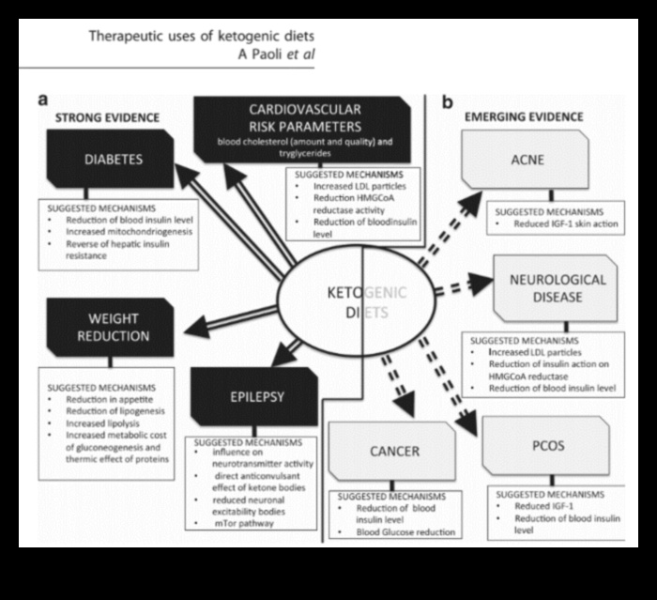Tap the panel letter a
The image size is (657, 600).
(44, 99)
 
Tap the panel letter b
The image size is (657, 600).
(448, 100)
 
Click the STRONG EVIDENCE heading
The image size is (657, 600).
(105, 117)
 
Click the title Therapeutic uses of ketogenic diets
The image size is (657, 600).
(201, 37)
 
